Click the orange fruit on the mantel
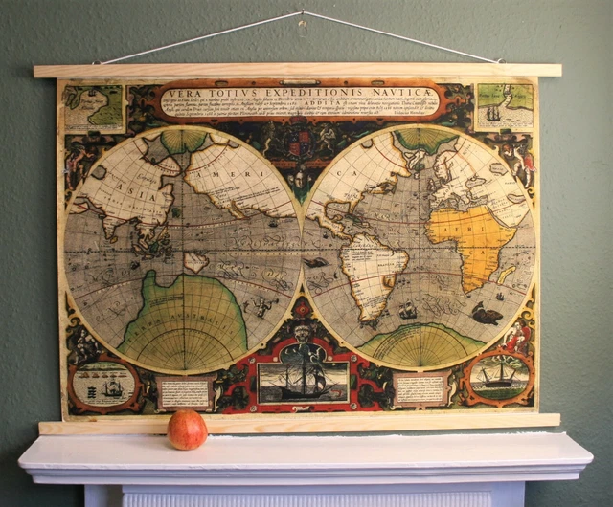click(187, 430)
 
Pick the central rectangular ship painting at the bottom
click(303, 381)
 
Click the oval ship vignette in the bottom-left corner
click(103, 384)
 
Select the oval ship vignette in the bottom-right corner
click(498, 376)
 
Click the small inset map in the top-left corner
click(94, 108)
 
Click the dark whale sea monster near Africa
click(487, 313)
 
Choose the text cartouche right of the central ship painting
click(419, 388)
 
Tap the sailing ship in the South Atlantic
click(407, 310)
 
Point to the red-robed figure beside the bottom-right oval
click(518, 336)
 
